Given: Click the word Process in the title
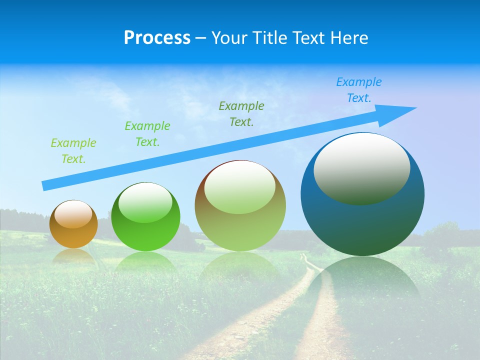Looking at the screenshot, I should click(157, 38).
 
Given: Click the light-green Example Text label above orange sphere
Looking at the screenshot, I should click(73, 151).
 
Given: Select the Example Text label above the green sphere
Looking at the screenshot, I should click(147, 134).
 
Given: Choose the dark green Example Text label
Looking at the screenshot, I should click(241, 113).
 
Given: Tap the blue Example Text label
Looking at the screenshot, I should click(358, 90).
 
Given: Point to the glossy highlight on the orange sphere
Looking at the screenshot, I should click(73, 214).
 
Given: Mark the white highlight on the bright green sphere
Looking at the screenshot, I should click(145, 202).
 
